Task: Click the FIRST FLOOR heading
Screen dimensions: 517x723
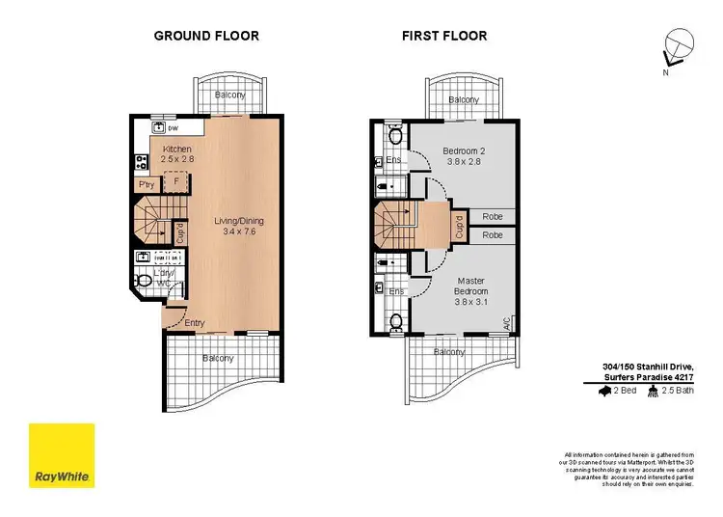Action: [444, 37]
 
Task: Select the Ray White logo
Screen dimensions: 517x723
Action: [62, 456]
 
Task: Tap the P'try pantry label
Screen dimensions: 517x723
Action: [147, 184]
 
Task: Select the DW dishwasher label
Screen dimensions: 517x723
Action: [174, 128]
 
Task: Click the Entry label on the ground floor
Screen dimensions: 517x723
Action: [194, 323]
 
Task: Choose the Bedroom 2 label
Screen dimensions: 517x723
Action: [464, 156]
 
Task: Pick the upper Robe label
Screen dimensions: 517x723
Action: [493, 217]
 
